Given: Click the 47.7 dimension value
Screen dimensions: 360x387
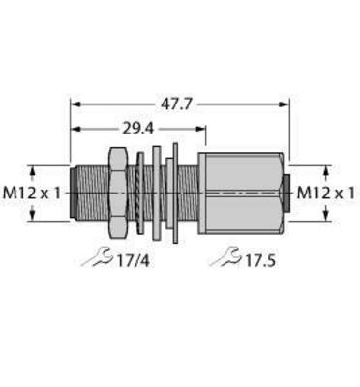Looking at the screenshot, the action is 176,104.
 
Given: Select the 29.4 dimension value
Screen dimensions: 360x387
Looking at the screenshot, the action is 137,129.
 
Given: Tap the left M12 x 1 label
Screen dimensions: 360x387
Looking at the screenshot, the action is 32,193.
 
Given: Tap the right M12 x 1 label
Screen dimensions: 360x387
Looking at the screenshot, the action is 326,193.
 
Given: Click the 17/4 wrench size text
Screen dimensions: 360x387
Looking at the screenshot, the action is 133,261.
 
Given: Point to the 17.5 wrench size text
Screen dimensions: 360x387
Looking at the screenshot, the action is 260,261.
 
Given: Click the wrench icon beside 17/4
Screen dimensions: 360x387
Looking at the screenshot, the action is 97,257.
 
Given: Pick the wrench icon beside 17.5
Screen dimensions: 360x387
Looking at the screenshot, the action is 225,257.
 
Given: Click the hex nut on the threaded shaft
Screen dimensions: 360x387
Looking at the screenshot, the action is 118,193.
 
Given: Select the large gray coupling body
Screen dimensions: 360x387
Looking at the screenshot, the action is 241,193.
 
